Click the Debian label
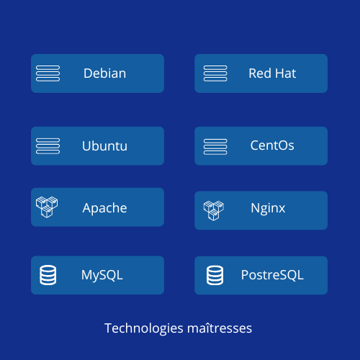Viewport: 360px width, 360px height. click(104, 73)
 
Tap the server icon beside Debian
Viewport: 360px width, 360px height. click(48, 73)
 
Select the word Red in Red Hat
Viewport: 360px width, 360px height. click(260, 73)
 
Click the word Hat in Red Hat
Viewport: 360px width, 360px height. click(286, 73)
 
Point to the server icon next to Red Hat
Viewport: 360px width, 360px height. click(215, 73)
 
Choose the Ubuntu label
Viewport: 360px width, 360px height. click(104, 146)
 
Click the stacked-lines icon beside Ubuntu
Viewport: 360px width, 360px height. click(48, 146)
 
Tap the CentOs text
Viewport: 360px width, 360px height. click(272, 145)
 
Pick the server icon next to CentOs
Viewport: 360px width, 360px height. click(215, 147)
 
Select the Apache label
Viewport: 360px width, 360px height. click(104, 208)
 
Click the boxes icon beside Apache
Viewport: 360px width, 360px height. click(47, 207)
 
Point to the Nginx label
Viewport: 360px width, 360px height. click(268, 208)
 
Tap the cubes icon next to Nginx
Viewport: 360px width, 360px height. click(214, 210)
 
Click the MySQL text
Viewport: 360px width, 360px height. click(102, 275)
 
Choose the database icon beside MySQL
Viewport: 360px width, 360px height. click(48, 275)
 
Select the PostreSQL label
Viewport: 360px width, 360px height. click(272, 275)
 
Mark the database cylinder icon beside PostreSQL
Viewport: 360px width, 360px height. click(215, 275)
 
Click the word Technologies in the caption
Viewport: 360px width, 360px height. click(144, 328)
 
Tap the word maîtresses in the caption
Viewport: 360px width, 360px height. click(220, 328)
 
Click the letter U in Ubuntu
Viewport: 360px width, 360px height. click(87, 146)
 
